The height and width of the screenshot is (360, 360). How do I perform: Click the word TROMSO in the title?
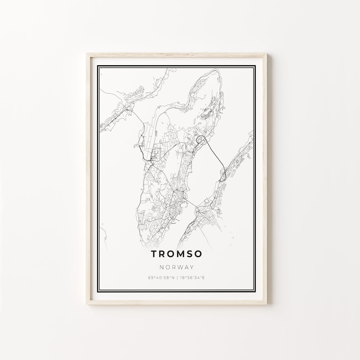tap(176, 255)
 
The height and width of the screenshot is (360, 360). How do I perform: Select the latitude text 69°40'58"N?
tap(160, 278)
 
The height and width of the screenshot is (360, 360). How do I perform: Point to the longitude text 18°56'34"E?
tap(192, 278)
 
